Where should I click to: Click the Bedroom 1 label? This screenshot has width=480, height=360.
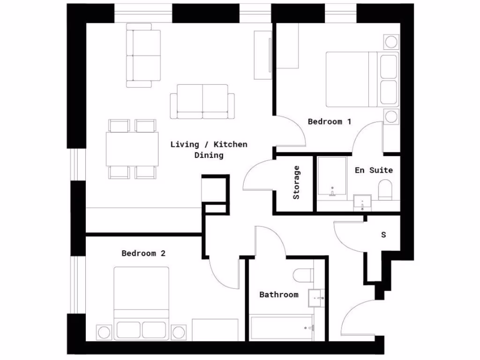click(330, 121)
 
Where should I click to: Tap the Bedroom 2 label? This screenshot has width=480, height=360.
click(143, 253)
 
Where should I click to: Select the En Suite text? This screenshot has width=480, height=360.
click(374, 170)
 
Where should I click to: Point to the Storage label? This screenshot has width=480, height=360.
click(296, 182)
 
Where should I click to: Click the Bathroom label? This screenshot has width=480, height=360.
click(279, 294)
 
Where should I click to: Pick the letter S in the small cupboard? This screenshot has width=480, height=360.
click(383, 235)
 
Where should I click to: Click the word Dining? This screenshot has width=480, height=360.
click(209, 155)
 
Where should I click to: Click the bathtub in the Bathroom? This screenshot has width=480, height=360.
click(282, 328)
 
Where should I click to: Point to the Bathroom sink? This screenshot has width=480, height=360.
click(316, 298)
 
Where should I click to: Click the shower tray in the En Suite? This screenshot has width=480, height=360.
click(332, 177)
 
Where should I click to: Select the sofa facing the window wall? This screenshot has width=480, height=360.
click(202, 101)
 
